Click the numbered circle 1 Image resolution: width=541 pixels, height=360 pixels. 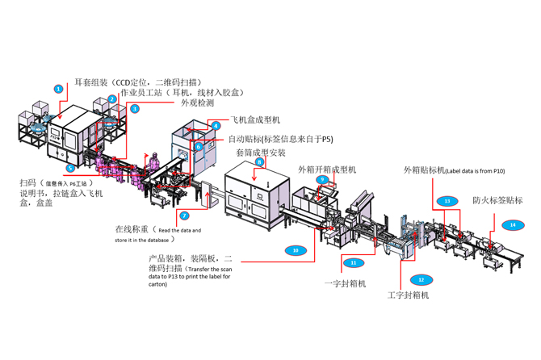[x=58, y=88]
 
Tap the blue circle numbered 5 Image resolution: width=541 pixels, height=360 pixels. [x=71, y=168]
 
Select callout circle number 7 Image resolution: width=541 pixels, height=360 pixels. [x=185, y=216]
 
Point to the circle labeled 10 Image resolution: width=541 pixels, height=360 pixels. [x=296, y=250]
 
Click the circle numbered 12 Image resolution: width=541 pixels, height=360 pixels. [x=420, y=279]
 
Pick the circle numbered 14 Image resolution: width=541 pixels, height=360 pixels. [x=513, y=225]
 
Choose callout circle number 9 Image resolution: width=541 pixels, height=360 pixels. [x=321, y=179]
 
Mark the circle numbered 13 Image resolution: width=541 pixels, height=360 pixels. [x=446, y=200]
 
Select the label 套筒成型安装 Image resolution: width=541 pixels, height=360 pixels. [x=261, y=153]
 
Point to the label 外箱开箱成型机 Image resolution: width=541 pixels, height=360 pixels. [x=327, y=170]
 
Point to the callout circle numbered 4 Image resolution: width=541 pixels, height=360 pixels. [x=216, y=126]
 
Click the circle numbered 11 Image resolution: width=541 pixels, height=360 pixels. [x=353, y=263]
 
